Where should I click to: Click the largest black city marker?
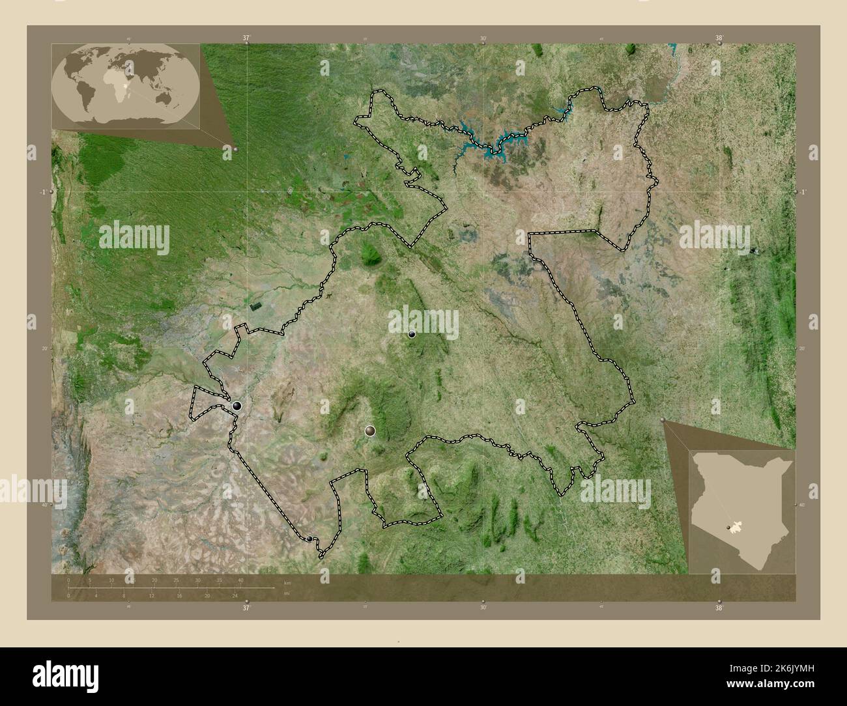(x=237, y=406)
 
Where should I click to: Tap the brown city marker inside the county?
(x=371, y=431)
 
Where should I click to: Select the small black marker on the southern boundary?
(x=309, y=539)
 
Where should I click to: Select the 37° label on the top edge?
(x=246, y=38)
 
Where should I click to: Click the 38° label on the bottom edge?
(x=719, y=608)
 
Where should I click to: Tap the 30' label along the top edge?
(x=483, y=38)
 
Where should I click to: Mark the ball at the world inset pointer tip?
(x=235, y=150)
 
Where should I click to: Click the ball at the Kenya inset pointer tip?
(x=663, y=421)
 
